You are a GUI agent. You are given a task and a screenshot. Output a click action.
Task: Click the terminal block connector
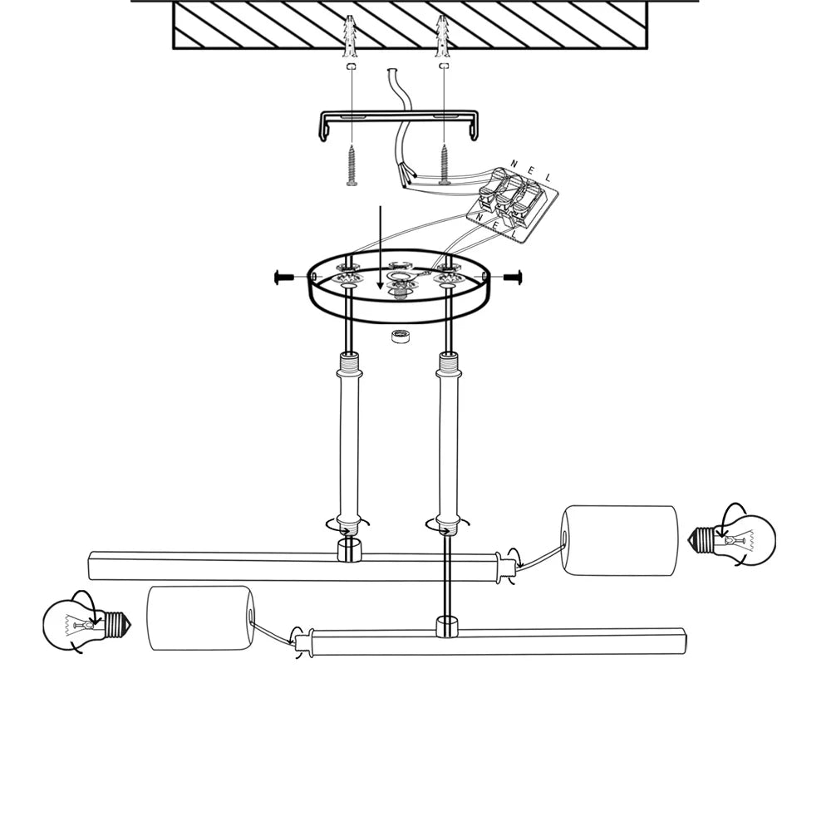coord(512,204)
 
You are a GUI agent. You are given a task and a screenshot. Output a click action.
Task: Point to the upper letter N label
coord(514,164)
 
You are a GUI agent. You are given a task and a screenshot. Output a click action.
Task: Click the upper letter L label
coord(548,178)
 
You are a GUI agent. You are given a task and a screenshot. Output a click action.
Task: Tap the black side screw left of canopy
coord(284,278)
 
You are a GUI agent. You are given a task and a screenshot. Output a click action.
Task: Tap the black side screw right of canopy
coord(513,277)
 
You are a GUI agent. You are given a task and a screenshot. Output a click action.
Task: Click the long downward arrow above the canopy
coord(380,248)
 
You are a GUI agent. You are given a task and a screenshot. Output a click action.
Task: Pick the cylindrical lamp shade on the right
coord(620,540)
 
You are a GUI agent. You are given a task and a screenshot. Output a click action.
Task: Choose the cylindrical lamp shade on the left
coord(201,618)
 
